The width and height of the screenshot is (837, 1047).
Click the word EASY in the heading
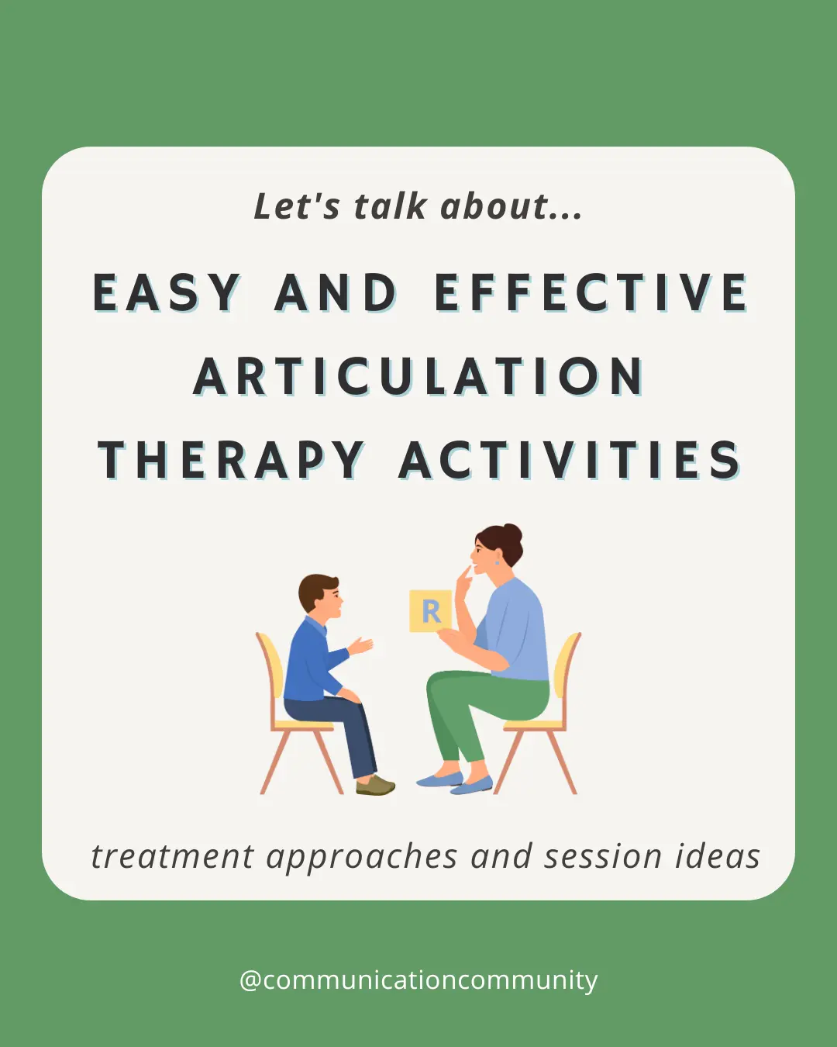click(x=167, y=293)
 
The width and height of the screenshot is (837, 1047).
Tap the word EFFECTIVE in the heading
click(x=591, y=293)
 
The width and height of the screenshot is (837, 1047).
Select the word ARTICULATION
click(x=418, y=377)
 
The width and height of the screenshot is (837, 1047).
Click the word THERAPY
click(x=231, y=460)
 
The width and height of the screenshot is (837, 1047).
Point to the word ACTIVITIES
click(x=570, y=460)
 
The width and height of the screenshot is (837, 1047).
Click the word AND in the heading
click(x=336, y=293)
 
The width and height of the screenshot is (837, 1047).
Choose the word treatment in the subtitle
click(x=172, y=857)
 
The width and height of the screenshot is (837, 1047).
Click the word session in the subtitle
click(x=603, y=857)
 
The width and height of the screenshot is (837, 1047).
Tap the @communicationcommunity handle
click(x=418, y=980)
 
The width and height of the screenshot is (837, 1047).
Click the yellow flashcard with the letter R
click(x=429, y=611)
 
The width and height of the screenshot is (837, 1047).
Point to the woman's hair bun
click(x=511, y=534)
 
